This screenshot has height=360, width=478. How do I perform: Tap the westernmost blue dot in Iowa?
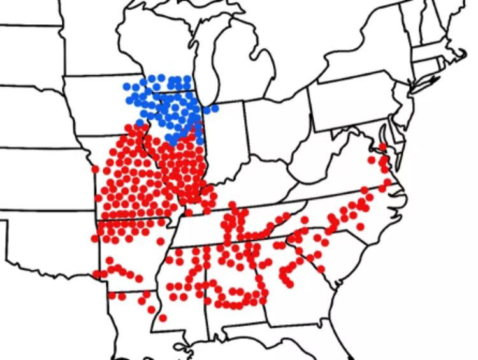(126, 87)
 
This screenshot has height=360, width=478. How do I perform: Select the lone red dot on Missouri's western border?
(95, 169)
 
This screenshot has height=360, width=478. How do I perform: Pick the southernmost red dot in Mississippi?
(163, 317)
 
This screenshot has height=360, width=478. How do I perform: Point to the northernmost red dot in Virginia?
(381, 147)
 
